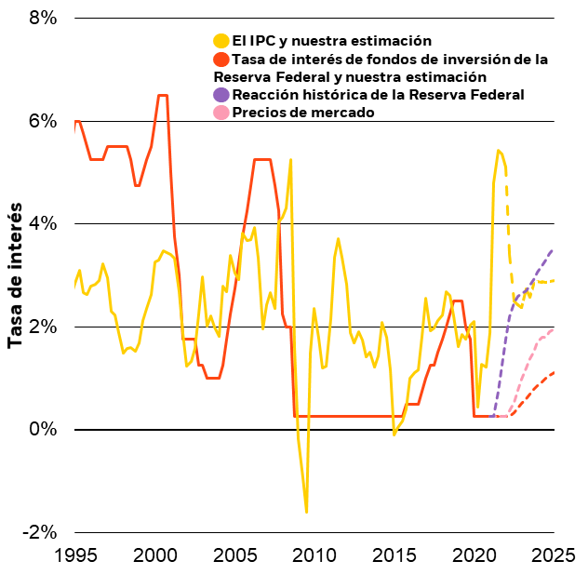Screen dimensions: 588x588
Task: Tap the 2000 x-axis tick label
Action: pos(154,556)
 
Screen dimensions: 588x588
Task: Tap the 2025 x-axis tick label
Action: pos(555,556)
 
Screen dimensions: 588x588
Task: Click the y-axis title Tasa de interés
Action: pos(16,278)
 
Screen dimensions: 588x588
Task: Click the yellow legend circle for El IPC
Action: pos(220,41)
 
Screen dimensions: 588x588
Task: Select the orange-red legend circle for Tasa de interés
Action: pos(220,59)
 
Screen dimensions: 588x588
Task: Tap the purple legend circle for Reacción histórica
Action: pos(220,95)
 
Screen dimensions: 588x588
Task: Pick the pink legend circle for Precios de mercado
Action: pos(220,113)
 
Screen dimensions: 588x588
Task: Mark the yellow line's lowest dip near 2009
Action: pos(306,512)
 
